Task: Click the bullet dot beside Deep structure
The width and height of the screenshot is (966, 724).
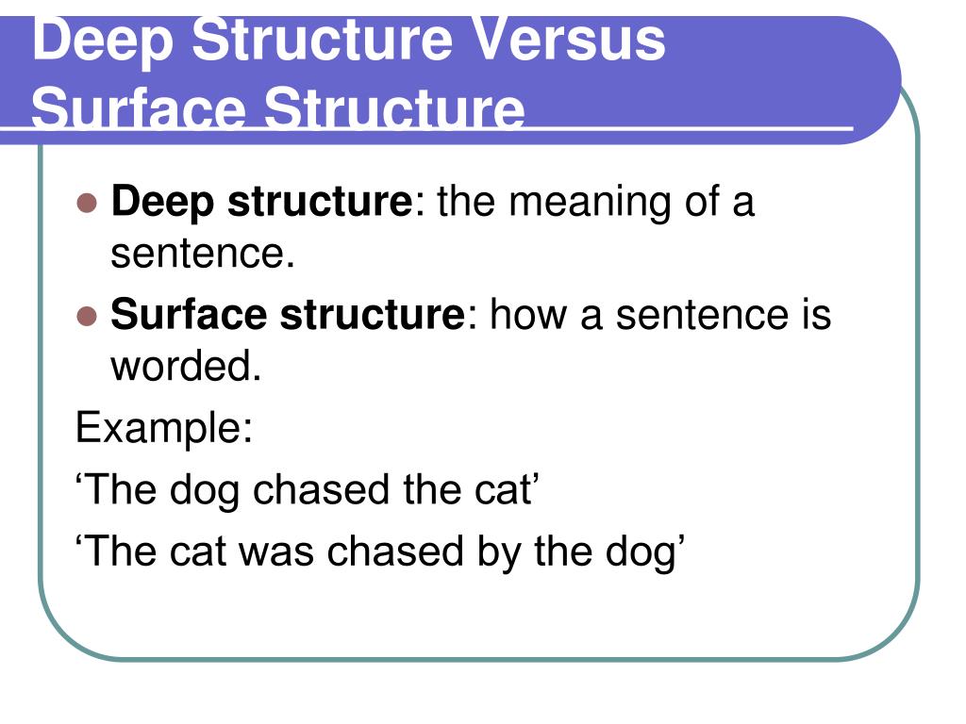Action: click(87, 203)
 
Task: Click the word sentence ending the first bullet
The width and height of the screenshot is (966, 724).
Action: click(197, 255)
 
